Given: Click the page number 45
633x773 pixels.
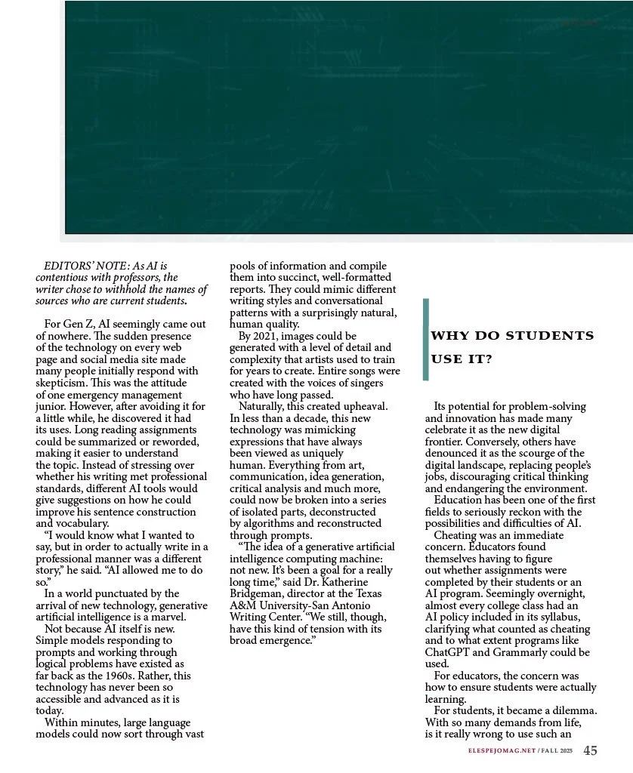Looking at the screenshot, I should point(591,750).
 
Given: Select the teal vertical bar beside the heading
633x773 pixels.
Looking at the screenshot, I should point(426,339).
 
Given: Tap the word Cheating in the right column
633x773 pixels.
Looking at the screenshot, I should point(458,535).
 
